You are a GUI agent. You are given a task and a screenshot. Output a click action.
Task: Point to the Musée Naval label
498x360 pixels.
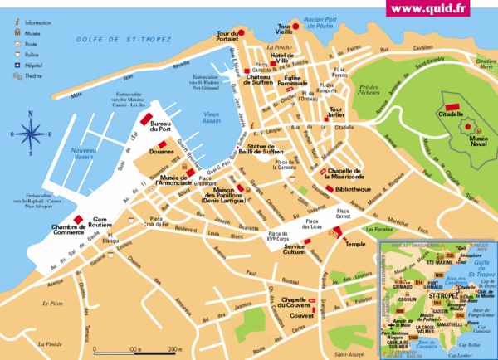click(484, 144)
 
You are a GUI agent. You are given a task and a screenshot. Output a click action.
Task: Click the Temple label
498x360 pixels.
click(355, 244)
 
